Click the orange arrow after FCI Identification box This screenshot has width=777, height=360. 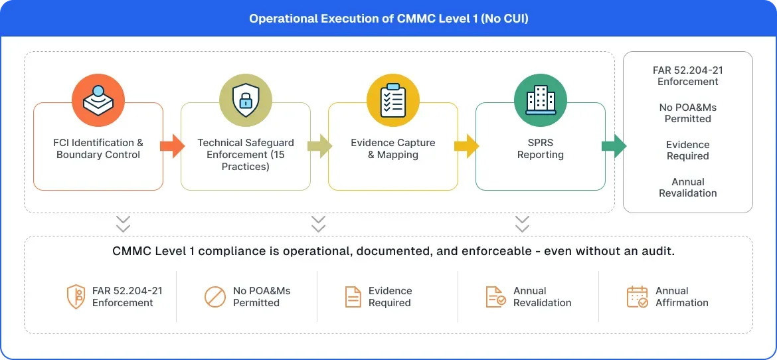[x=173, y=146]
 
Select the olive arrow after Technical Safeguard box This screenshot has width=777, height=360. [x=320, y=146]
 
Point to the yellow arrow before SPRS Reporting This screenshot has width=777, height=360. [x=468, y=146]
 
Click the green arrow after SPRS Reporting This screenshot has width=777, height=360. [x=614, y=146]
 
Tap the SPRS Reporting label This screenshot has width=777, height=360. [x=540, y=149]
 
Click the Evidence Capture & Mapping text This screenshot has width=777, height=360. [x=392, y=149]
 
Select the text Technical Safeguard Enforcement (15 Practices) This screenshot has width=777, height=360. [x=245, y=155]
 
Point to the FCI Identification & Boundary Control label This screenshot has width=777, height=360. [x=98, y=149]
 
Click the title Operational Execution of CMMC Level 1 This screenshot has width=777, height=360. [x=388, y=19]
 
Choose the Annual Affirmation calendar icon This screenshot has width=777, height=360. [x=637, y=297]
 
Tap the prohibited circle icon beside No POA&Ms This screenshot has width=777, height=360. [x=215, y=297]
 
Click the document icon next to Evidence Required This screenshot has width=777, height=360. [x=353, y=297]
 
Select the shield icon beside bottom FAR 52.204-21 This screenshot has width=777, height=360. [x=76, y=297]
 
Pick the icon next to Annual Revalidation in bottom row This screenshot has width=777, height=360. [x=495, y=297]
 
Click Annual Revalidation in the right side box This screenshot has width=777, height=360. [x=687, y=187]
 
